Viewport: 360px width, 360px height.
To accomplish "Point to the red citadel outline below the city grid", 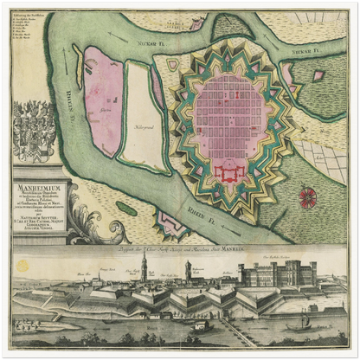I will [x=228, y=173].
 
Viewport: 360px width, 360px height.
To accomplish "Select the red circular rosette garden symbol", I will [x=308, y=198].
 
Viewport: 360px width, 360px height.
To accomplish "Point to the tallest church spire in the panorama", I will [x=144, y=264].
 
